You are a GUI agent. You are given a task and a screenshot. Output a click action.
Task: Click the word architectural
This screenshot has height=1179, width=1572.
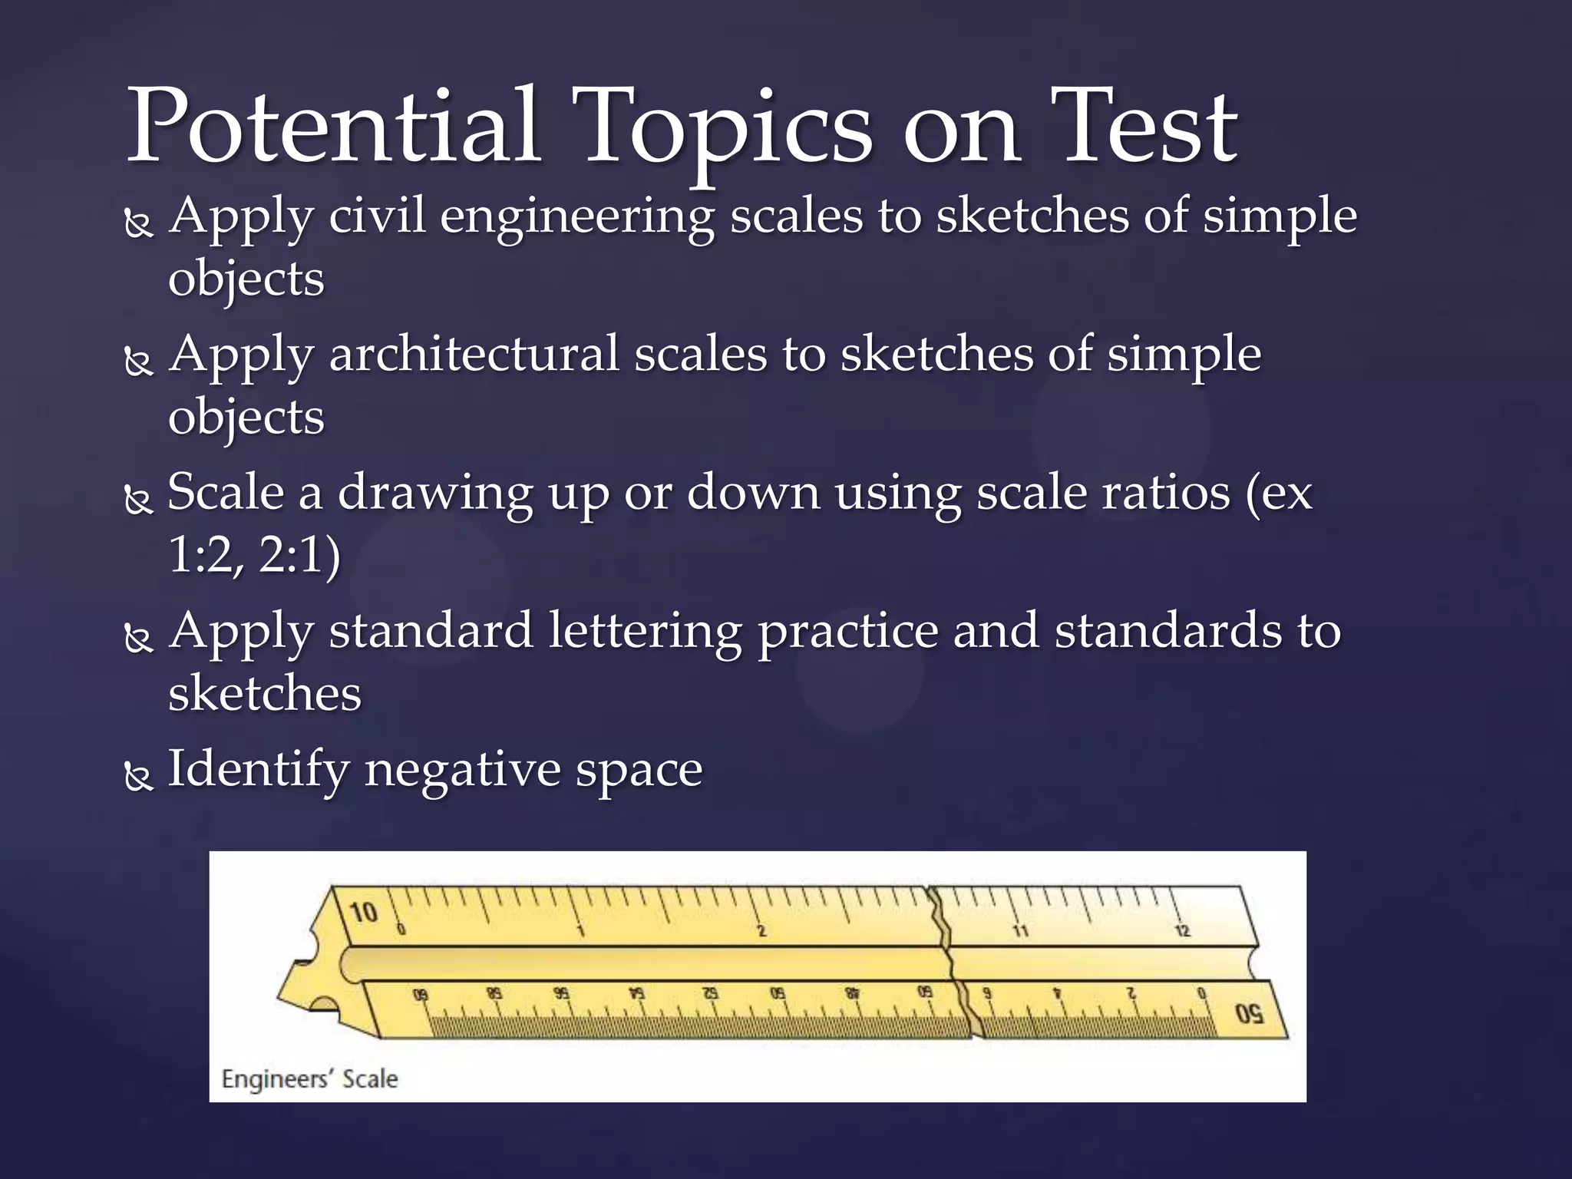474,355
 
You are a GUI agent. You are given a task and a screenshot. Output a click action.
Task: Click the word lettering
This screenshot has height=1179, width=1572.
645,631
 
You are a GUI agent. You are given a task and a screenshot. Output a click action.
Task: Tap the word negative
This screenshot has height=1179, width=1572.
458,769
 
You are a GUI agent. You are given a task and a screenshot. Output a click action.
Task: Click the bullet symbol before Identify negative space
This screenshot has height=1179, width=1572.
138,778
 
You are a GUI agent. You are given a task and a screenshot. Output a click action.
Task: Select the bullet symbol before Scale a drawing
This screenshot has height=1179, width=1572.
138,501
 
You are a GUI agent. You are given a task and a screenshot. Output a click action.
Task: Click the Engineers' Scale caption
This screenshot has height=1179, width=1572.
309,1078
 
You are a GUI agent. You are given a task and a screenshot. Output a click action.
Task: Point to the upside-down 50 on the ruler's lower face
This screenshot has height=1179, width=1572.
1249,1015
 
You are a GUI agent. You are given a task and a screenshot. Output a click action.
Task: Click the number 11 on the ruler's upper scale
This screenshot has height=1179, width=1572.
1020,931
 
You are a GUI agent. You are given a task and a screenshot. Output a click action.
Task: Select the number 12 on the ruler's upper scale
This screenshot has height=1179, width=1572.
1182,931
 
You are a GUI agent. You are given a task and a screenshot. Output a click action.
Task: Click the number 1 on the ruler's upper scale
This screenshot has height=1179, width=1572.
581,932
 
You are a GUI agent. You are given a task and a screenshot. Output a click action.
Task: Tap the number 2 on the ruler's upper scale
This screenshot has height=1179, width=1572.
761,931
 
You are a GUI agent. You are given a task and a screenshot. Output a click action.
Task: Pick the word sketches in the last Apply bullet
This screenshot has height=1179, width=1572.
264,693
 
